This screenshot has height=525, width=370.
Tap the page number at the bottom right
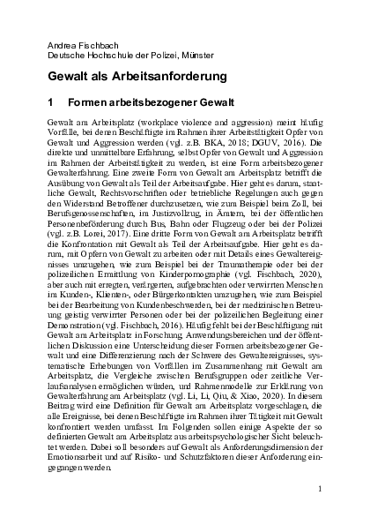coord(322,487)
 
